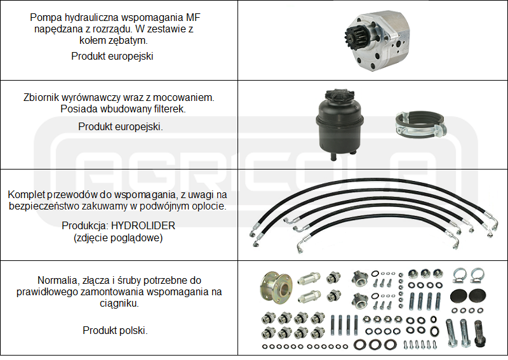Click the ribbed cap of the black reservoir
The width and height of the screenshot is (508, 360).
(x=338, y=96)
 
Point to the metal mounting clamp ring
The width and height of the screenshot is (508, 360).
(x=420, y=124)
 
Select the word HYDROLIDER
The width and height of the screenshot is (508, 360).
(x=143, y=225)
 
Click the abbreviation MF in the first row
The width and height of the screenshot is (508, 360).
(x=193, y=17)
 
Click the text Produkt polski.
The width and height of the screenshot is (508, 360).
(x=115, y=330)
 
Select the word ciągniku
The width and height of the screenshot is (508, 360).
(x=119, y=303)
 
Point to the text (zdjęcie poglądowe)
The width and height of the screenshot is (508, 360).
(x=118, y=238)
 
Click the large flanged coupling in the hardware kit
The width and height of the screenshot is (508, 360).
(x=276, y=288)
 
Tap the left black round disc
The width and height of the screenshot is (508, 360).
(x=458, y=296)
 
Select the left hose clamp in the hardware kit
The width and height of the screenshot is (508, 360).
(x=459, y=276)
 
